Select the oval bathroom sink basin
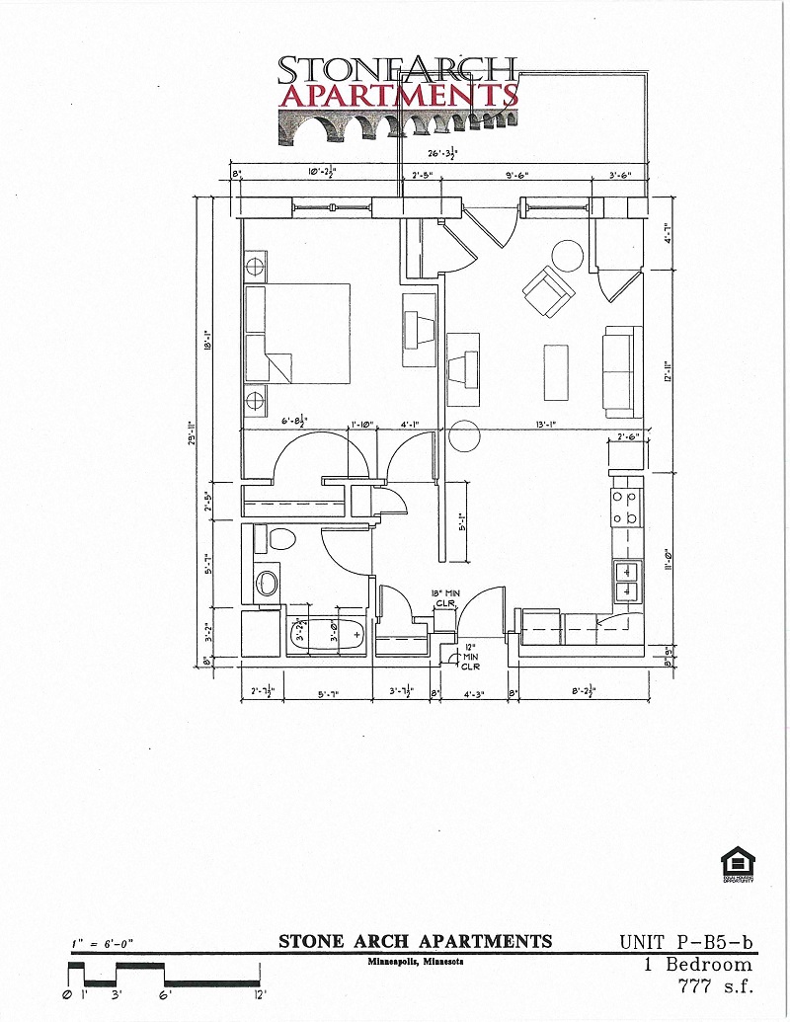pos(267,582)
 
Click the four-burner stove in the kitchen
pos(624,508)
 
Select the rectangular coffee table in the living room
pos(556,371)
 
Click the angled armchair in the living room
pos(547,291)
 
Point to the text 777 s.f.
pos(715,984)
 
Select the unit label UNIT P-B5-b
pos(686,942)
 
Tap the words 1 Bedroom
pos(696,964)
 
